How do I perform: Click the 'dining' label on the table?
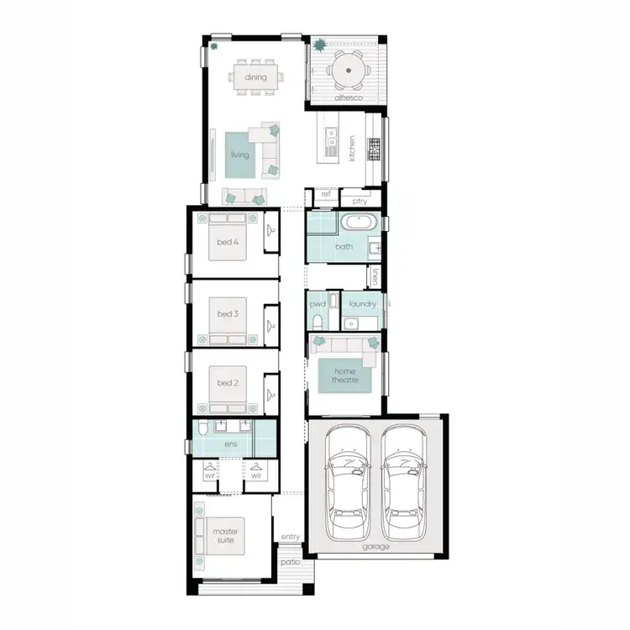point(256,77)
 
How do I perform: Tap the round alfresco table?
point(346,71)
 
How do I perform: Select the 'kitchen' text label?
point(353,149)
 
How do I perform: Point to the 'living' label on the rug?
point(240,155)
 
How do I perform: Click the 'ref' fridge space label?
point(326,194)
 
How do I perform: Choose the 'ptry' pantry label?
point(360,202)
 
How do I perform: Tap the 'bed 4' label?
point(228,243)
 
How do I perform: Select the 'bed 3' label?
point(228,314)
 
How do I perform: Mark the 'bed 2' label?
point(228,383)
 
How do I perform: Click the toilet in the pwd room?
point(316,322)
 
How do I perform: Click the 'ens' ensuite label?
point(230,444)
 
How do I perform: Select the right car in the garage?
point(402,483)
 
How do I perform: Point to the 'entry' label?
point(291,537)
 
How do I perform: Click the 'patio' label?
point(291,562)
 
